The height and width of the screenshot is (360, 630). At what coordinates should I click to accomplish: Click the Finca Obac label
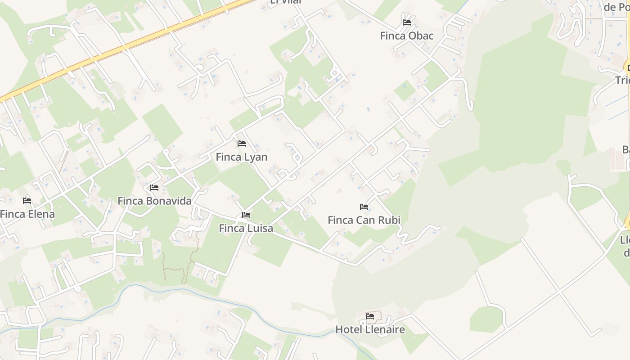(407, 36)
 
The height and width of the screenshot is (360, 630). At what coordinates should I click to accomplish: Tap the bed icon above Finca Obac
(407, 22)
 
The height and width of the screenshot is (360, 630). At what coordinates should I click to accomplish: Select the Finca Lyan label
(242, 157)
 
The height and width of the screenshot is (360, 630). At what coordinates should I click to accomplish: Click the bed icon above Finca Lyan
(242, 144)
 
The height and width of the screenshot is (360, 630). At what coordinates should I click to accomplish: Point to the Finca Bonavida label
(154, 201)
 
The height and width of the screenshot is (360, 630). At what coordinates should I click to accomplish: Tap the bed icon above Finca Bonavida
(154, 187)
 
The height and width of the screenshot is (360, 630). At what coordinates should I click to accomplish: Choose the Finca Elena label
(27, 214)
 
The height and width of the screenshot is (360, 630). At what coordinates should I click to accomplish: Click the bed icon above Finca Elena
(27, 200)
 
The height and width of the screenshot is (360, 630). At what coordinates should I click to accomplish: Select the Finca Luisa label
(246, 229)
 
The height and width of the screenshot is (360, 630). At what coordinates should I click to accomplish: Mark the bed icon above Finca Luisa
(246, 215)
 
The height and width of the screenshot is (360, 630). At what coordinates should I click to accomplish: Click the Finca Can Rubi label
(364, 220)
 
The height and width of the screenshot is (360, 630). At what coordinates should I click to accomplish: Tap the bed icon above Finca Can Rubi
(364, 207)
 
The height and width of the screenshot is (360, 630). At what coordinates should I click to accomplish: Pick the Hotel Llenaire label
(370, 330)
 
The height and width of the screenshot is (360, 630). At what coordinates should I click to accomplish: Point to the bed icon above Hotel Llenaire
(370, 316)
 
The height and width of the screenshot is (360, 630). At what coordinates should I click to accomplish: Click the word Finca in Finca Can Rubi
(341, 220)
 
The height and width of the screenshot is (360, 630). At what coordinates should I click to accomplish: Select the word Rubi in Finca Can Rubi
(390, 220)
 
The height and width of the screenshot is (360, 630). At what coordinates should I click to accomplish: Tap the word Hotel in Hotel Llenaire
(349, 330)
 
